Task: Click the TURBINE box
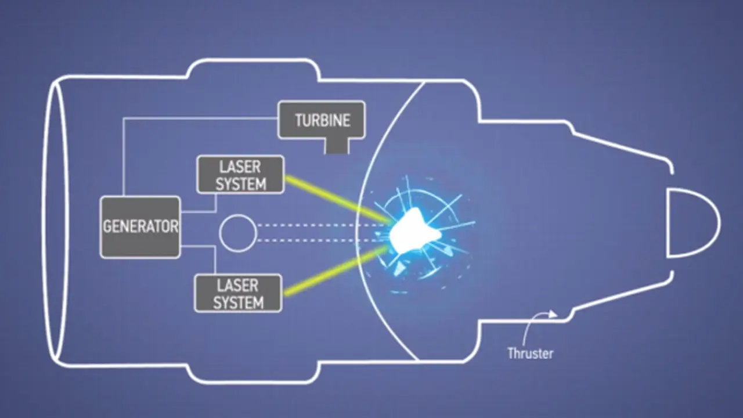tap(322, 120)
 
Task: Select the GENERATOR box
tap(140, 227)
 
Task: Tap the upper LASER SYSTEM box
tap(240, 175)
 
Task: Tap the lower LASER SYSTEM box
tap(238, 293)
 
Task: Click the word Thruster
tap(531, 354)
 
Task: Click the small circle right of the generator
tap(238, 233)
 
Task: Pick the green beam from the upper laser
tap(337, 199)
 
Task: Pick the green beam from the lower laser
tap(335, 271)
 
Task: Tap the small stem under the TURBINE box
tap(337, 146)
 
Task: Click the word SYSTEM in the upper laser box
tap(241, 184)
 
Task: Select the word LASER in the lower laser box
tap(237, 285)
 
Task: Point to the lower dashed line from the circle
tap(322, 240)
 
